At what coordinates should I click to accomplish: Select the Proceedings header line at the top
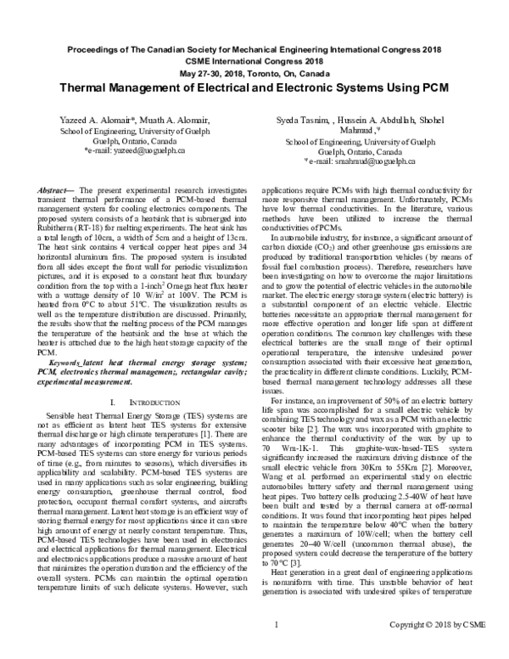tap(255, 49)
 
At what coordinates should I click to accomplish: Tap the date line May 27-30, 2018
tap(255, 73)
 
